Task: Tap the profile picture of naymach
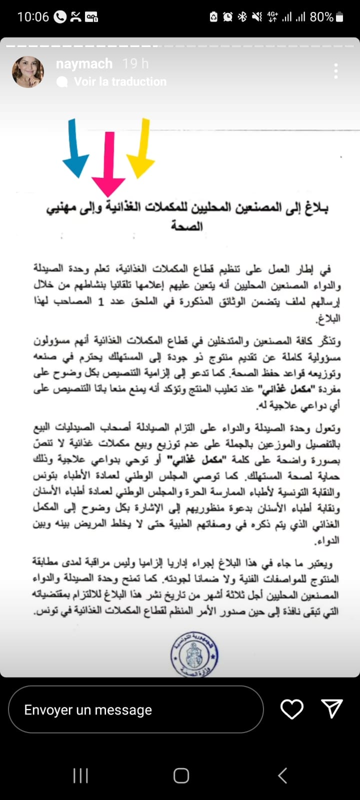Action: tap(28, 72)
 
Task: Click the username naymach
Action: tap(84, 64)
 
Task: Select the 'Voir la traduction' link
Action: tap(120, 81)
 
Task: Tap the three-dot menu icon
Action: tap(336, 71)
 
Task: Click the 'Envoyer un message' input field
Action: tap(136, 709)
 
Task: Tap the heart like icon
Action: tap(291, 709)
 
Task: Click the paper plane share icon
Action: tap(332, 708)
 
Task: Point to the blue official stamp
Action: tap(194, 654)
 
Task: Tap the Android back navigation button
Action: tap(282, 775)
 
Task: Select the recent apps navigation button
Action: tap(80, 775)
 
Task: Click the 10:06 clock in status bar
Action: tap(33, 17)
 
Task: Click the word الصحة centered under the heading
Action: tap(187, 226)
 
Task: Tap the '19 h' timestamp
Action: tap(135, 64)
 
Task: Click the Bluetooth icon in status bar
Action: tap(242, 17)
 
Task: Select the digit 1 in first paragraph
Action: tap(100, 302)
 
